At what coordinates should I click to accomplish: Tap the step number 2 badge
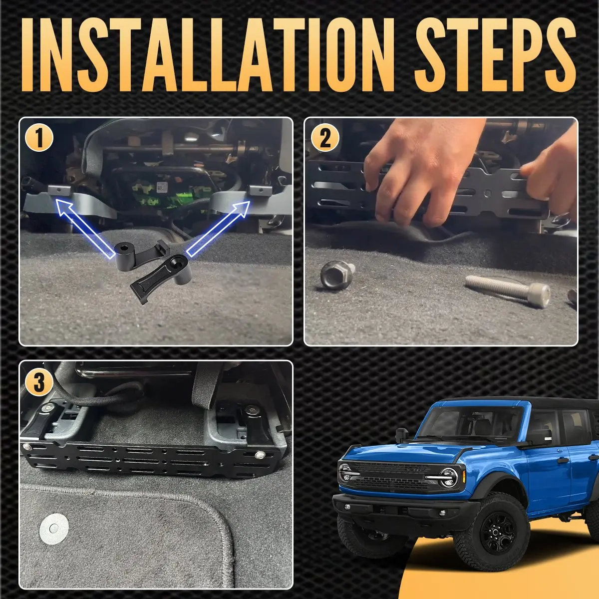click(x=325, y=137)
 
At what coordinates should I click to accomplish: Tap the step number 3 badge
click(x=38, y=383)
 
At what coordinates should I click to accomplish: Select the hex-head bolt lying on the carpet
click(x=337, y=275)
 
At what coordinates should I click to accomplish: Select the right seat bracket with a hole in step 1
click(x=260, y=190)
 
